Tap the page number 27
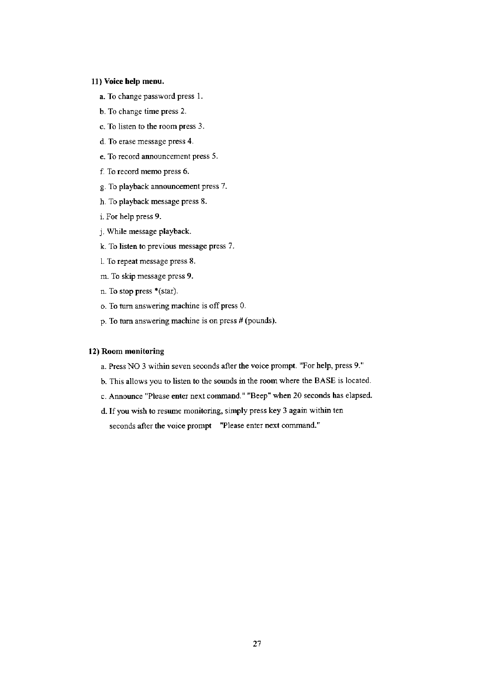256,644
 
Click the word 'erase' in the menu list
127,142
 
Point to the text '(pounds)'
260,321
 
